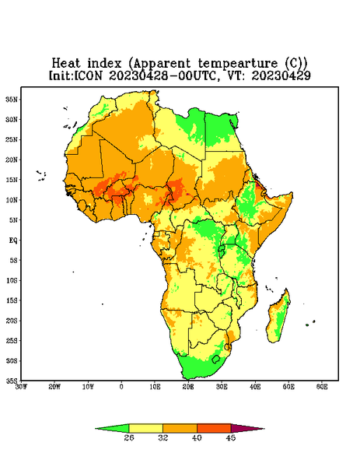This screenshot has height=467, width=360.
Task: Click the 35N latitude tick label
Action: (12, 99)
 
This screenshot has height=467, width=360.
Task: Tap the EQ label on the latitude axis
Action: (13, 240)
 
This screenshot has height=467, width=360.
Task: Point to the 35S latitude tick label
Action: (12, 381)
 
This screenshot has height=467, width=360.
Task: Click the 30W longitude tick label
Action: (21, 387)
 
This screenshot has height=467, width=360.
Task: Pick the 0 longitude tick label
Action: (121, 387)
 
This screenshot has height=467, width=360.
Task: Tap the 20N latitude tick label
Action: (12, 160)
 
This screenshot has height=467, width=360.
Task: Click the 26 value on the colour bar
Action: (129, 437)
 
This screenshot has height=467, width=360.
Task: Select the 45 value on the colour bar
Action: (231, 437)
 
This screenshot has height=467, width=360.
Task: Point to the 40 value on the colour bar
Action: (197, 437)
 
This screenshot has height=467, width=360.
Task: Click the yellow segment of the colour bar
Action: (146, 428)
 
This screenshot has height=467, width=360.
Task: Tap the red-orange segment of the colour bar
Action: (214, 428)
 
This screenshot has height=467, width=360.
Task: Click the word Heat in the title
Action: (66, 64)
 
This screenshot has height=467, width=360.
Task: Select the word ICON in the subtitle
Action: (88, 75)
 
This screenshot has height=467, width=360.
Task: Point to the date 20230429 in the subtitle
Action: (281, 75)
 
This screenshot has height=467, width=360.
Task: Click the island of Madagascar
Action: (278, 318)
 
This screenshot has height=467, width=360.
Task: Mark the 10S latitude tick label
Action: (12, 280)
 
